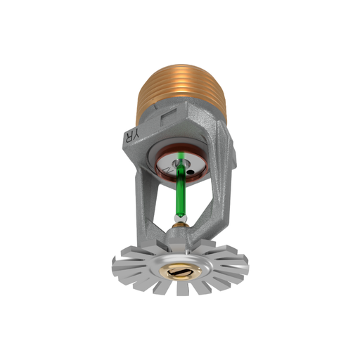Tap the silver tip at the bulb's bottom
(x=180, y=224)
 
